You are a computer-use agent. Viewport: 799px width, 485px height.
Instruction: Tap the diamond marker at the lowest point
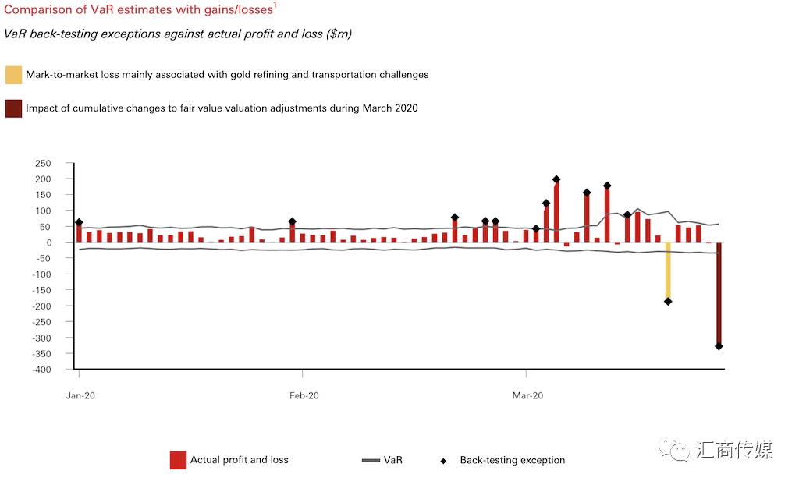[x=719, y=346]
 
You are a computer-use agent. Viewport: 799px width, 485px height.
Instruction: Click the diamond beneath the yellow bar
[x=668, y=302]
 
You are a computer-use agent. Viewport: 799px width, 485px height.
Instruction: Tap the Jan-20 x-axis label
[x=80, y=395]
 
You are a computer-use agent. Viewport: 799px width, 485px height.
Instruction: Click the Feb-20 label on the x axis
[x=304, y=395]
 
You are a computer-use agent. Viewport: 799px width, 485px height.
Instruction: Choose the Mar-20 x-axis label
[x=527, y=395]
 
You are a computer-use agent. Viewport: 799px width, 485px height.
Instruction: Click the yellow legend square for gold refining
[x=13, y=75]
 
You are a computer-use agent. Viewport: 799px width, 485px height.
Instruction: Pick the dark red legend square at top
[x=13, y=108]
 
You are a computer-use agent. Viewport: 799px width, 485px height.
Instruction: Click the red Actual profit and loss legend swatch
[x=178, y=460]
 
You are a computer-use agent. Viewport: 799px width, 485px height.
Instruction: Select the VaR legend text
[x=393, y=460]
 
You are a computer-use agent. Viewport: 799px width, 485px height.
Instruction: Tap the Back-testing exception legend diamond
[x=444, y=461]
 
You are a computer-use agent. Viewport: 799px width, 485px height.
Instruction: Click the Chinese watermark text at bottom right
[x=734, y=450]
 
